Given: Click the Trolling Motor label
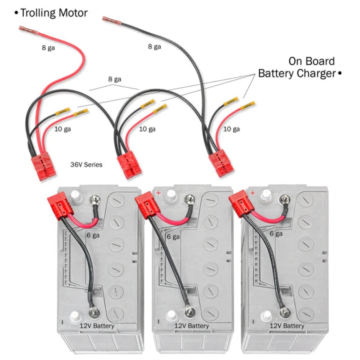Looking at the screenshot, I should point(50,13).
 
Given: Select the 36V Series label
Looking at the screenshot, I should point(86,165).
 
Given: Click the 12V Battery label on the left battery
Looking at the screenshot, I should point(97,326).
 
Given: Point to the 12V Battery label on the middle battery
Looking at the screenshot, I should point(192,326).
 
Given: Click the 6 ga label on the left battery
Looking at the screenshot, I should point(93,235).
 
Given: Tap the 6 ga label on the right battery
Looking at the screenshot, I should point(276,234).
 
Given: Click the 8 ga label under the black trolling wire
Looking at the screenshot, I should point(154,46).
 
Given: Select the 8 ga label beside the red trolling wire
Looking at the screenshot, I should point(48,47).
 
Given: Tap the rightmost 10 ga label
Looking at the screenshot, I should point(231,129).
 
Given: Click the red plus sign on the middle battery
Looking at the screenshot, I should point(158,193).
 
